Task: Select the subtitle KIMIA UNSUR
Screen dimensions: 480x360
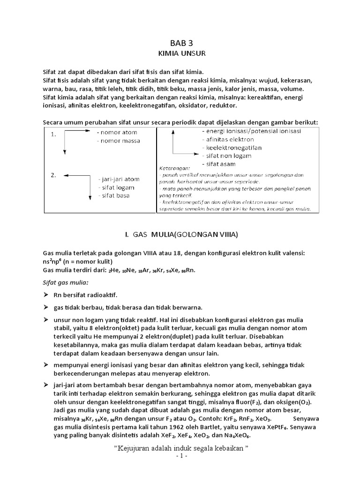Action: pyautogui.click(x=181, y=53)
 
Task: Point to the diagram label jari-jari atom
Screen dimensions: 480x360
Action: pyautogui.click(x=119, y=179)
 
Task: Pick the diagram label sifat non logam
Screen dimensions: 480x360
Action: pyautogui.click(x=226, y=156)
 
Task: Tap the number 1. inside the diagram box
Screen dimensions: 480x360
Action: pyautogui.click(x=53, y=135)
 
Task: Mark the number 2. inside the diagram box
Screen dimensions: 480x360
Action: pyautogui.click(x=53, y=175)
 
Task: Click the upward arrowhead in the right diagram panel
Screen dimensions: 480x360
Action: pyautogui.click(x=173, y=133)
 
